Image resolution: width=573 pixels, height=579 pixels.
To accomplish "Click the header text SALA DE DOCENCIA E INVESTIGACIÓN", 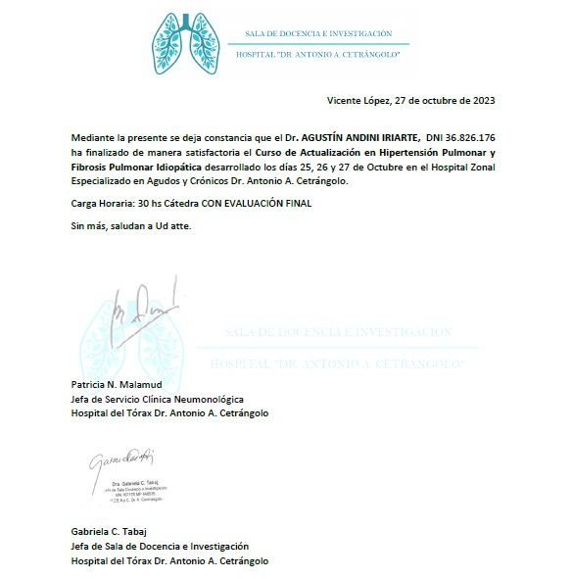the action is click(312, 33).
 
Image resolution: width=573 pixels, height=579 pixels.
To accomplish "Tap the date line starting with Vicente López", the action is click(409, 101).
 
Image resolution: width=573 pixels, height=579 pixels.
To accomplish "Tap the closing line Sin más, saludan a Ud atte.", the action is click(131, 226).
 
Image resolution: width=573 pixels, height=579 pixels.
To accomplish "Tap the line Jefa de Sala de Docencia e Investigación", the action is click(160, 546).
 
